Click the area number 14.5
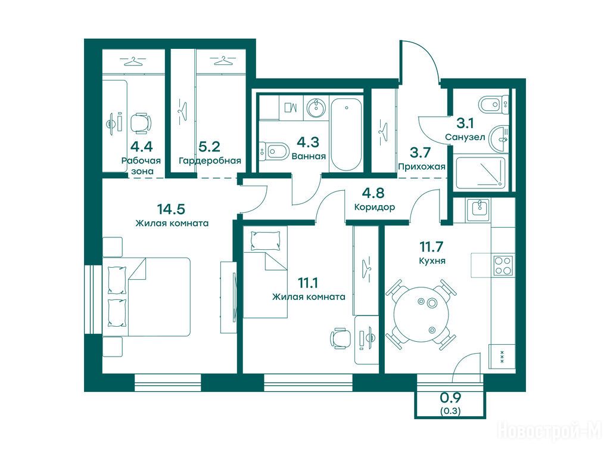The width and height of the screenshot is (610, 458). [171, 209]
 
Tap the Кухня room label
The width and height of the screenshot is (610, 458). [432, 261]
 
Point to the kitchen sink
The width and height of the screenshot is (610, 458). [479, 210]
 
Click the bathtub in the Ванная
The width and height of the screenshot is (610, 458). [346, 134]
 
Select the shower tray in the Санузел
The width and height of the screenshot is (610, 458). [481, 172]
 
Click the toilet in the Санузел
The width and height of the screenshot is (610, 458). [493, 104]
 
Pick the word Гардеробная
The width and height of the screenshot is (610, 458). [210, 160]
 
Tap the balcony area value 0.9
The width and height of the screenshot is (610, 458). [450, 398]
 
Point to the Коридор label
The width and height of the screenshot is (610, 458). [374, 207]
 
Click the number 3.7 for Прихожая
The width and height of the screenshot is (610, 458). [420, 152]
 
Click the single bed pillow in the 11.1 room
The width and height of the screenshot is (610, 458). [265, 241]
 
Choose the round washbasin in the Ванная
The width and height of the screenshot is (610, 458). [317, 107]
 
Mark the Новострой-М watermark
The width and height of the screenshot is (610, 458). [550, 431]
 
